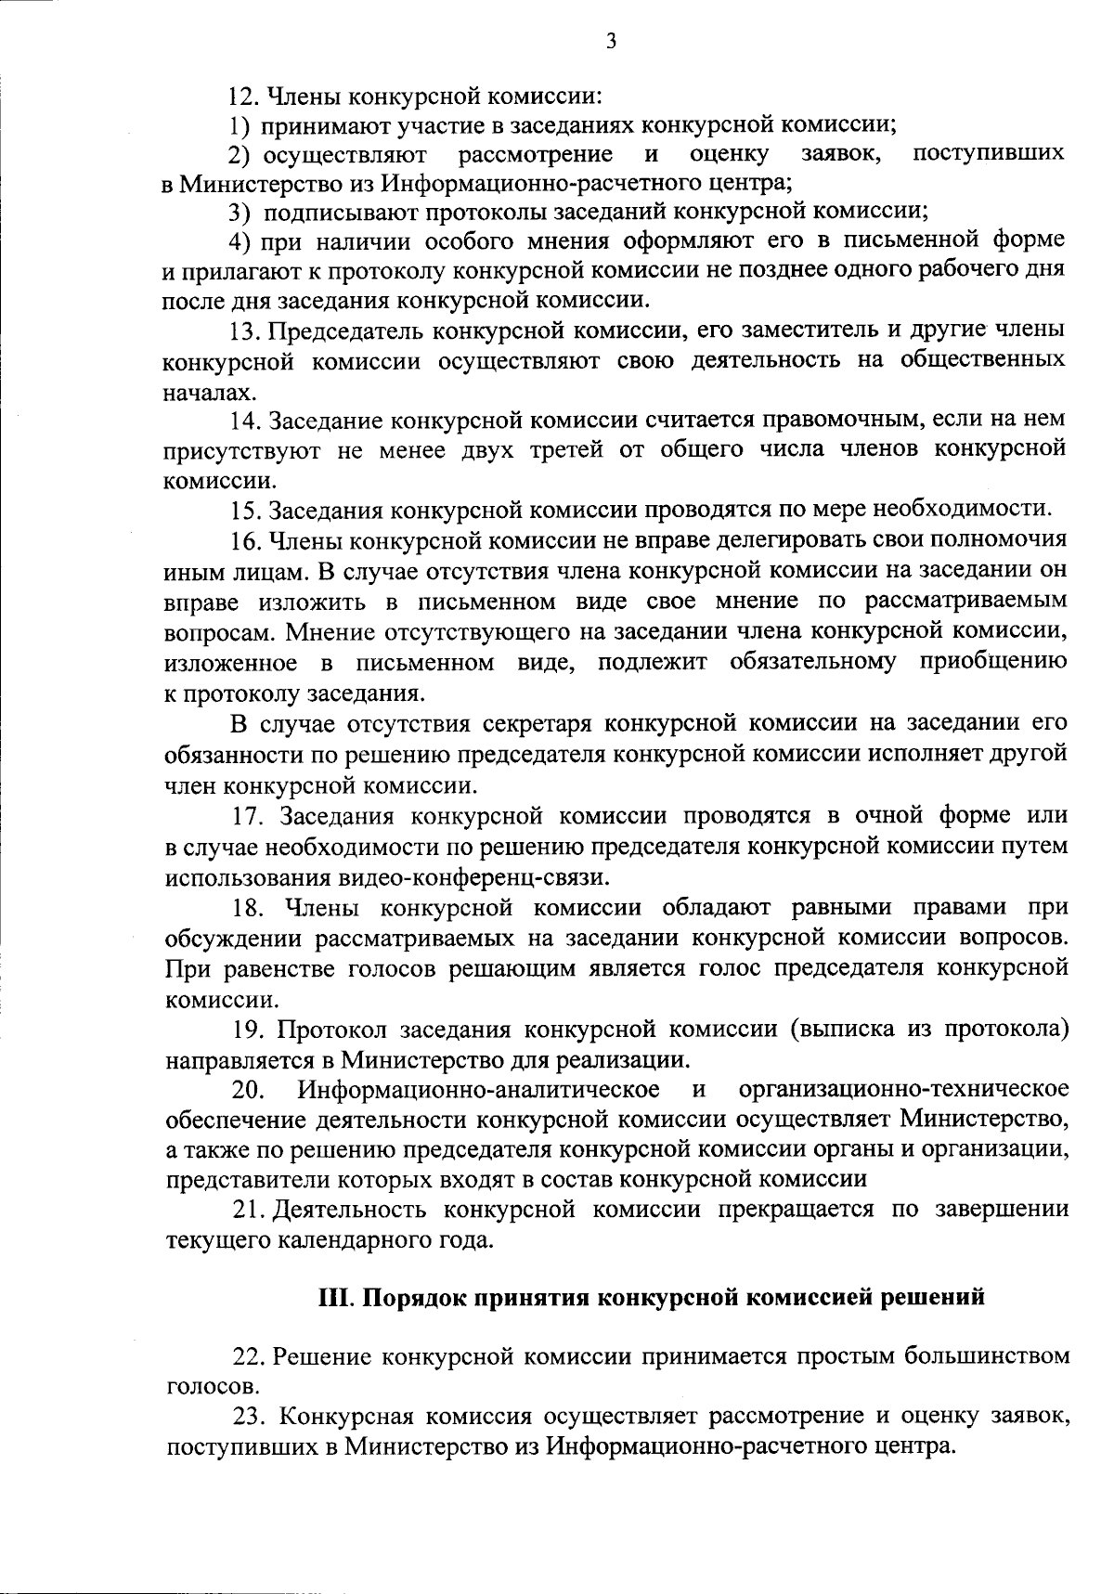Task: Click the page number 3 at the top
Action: [x=610, y=40]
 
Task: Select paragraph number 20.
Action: [x=249, y=1089]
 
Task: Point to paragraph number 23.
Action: [x=249, y=1417]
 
